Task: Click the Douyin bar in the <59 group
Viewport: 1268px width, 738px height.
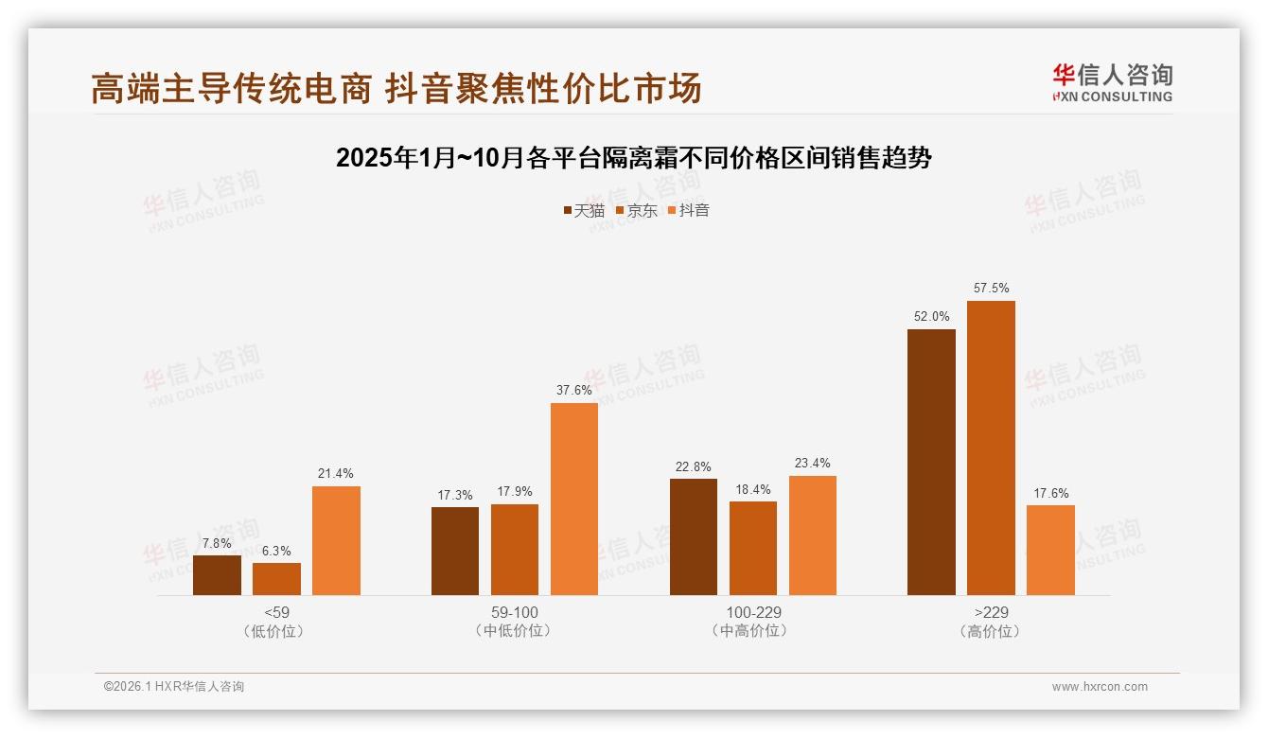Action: click(336, 540)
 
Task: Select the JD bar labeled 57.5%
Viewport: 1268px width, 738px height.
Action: click(991, 448)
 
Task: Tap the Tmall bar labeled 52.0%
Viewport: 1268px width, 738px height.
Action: click(931, 462)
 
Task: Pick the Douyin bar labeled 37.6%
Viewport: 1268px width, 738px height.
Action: click(574, 499)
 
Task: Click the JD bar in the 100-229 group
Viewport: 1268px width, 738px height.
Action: click(753, 548)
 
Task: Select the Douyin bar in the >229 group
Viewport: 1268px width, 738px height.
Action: click(1050, 550)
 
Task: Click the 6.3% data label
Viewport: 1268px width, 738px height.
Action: click(276, 551)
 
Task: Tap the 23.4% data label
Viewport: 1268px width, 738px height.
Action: click(813, 464)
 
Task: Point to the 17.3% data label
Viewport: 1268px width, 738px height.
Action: click(455, 495)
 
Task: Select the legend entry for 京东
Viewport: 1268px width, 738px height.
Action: click(637, 210)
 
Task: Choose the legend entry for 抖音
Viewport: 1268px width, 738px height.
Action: click(689, 210)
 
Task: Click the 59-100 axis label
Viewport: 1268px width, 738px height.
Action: click(515, 612)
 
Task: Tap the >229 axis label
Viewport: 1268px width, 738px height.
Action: click(991, 612)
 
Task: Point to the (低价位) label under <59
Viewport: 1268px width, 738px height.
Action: click(276, 631)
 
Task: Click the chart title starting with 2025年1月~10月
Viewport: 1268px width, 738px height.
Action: click(634, 158)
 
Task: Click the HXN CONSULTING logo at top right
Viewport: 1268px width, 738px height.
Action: click(1112, 83)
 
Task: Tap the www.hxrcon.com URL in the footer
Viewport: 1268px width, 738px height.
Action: click(1100, 687)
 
